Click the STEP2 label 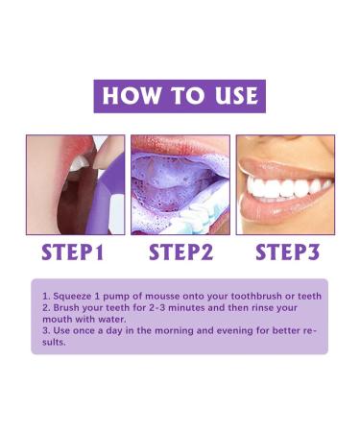[x=180, y=253]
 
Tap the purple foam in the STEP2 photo [x=173, y=182]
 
